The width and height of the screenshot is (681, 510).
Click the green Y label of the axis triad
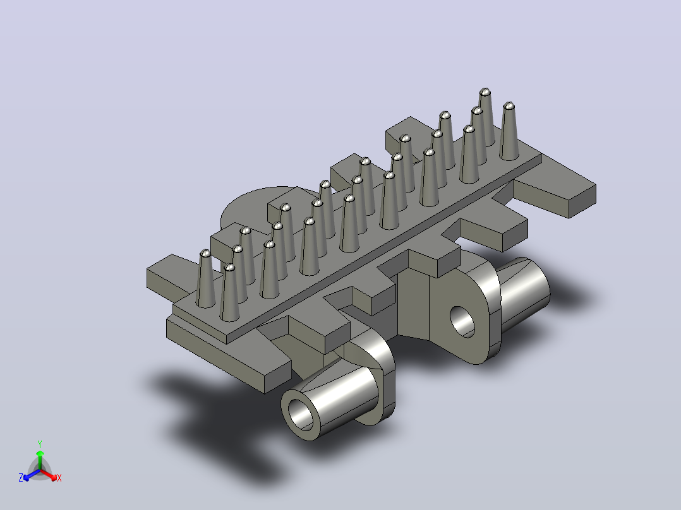40,444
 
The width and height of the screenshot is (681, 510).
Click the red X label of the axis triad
59,478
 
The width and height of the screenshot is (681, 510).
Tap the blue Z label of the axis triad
21,478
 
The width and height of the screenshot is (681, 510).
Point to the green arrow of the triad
40,460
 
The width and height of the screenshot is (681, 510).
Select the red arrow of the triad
49,475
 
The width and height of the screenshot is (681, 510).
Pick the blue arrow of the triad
32,475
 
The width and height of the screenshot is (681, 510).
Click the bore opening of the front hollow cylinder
301,414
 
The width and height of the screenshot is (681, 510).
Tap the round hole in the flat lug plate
462,322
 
